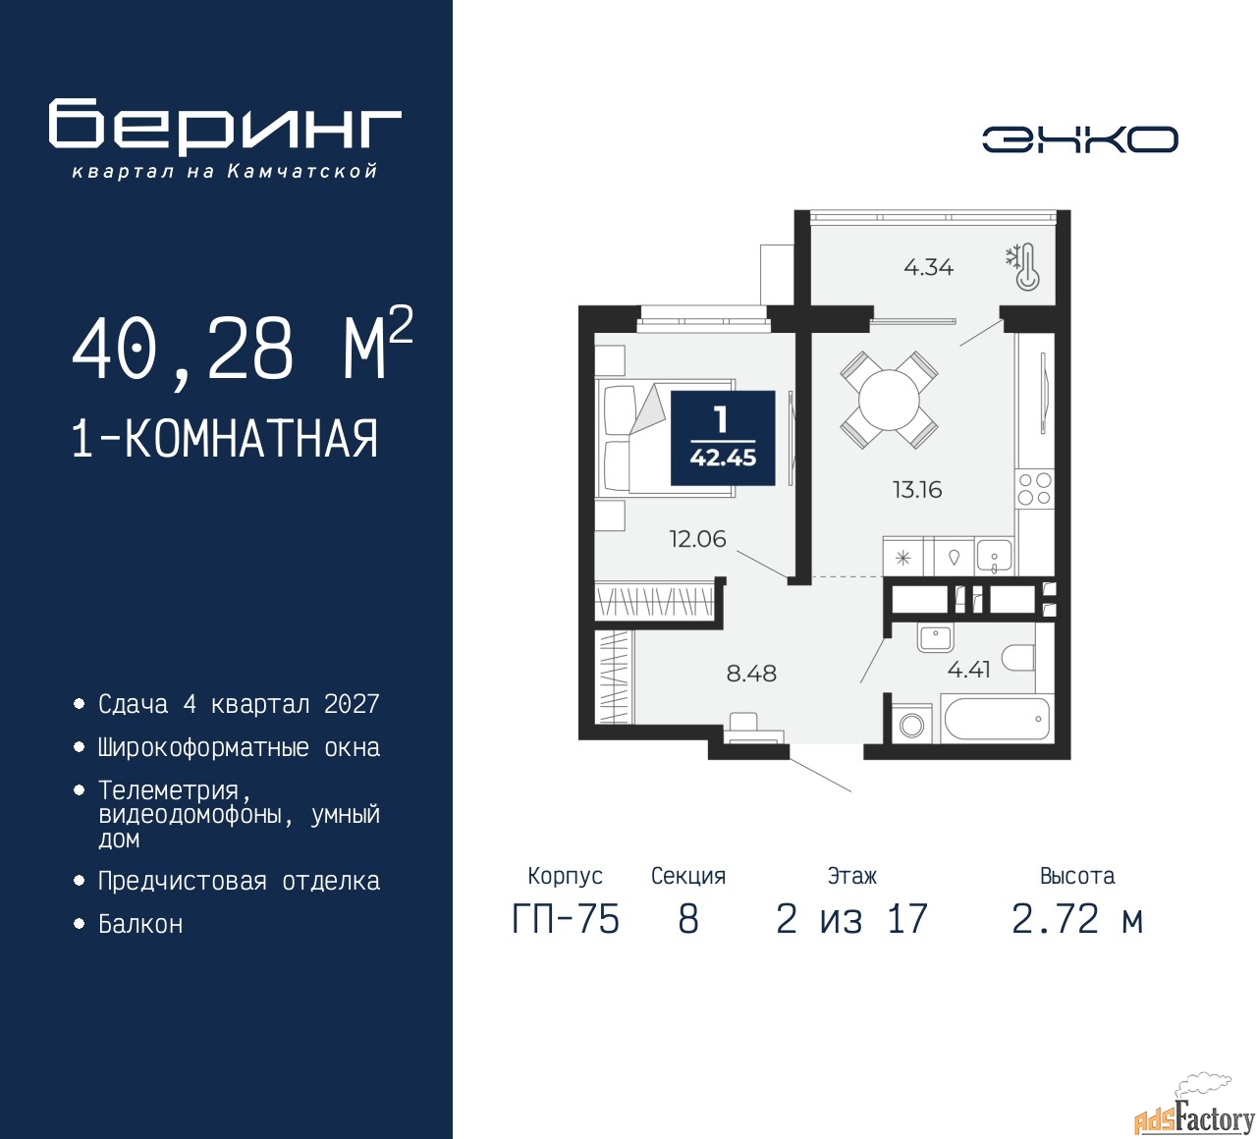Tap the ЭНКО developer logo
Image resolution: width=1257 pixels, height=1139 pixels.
pos(1079,139)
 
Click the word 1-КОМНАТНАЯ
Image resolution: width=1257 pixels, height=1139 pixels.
pos(225,439)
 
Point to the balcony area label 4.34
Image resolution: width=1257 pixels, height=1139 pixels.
pos(929,267)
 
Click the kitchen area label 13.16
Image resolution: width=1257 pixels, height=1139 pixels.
pos(917,489)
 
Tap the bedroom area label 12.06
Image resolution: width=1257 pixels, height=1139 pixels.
pos(698,539)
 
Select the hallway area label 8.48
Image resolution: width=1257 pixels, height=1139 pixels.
pos(751,674)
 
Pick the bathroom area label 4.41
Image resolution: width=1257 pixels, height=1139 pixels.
pos(968,670)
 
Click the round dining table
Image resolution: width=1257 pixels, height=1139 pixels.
pos(889,400)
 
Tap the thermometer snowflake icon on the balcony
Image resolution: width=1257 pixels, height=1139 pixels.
pos(1023,267)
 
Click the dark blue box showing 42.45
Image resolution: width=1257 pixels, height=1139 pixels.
pos(723,438)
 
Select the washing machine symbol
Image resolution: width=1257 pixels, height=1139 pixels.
pos(911,726)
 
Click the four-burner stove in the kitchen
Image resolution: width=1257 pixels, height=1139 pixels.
pos(1034,489)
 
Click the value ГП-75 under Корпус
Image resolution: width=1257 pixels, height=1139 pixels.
pos(566,920)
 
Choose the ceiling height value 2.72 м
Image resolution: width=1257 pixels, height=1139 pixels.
pos(1077,920)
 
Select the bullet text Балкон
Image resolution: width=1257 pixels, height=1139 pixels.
pos(140,925)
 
